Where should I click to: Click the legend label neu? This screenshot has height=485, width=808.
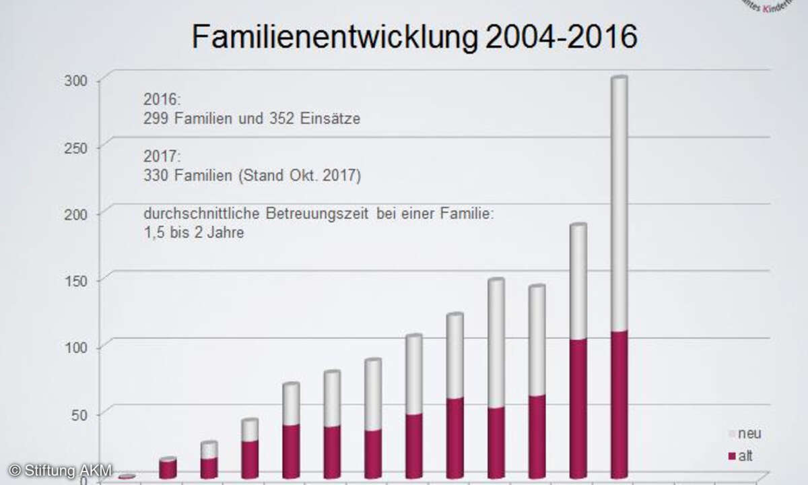click(x=749, y=434)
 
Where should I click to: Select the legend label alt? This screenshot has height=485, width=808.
click(x=745, y=457)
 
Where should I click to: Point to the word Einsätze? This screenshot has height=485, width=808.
click(x=331, y=119)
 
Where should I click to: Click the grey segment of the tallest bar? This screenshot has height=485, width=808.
click(x=619, y=202)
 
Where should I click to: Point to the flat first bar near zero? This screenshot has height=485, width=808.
click(x=127, y=476)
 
